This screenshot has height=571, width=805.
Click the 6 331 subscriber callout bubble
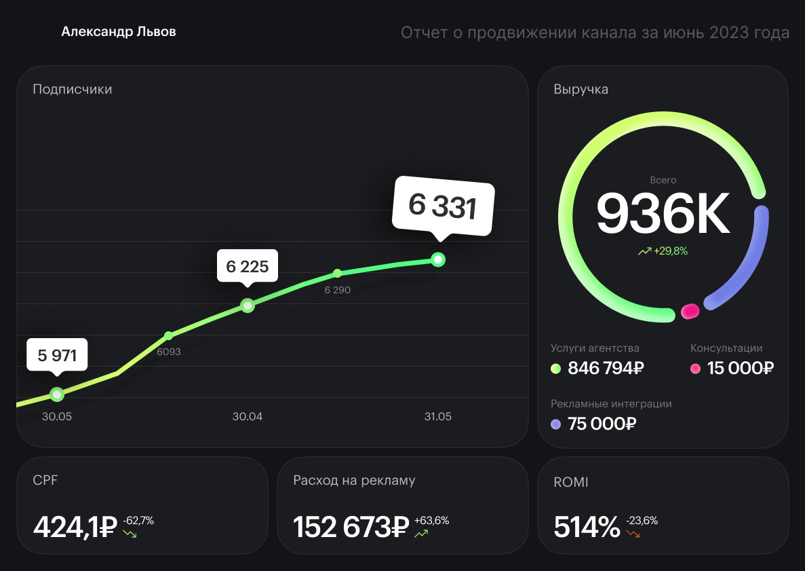444,206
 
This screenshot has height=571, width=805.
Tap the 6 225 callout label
248,266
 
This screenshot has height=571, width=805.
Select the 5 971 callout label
57,354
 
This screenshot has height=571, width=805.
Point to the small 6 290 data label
337,290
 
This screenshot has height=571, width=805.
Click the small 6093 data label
168,352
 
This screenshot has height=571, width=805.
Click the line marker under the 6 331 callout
438,259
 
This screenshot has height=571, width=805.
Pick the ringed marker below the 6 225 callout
248,306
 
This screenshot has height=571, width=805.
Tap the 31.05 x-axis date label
437,416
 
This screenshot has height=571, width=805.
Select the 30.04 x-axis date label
247,416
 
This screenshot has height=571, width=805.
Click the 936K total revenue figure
663,214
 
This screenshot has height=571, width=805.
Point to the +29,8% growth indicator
663,251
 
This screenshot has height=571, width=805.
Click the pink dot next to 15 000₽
695,369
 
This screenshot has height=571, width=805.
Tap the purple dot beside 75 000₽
556,424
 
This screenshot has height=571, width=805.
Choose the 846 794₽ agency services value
606,369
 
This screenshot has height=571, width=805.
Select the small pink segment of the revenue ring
690,311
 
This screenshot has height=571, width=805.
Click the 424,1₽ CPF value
75,527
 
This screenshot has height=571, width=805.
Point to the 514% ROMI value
587,527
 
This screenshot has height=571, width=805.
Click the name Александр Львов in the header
119,32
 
